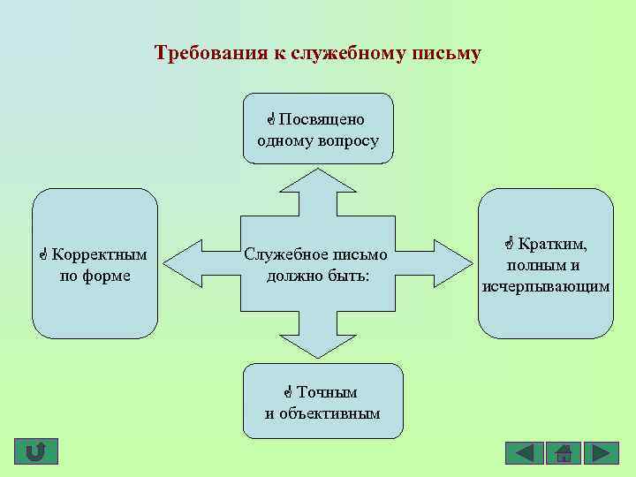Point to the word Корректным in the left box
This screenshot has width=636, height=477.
99,255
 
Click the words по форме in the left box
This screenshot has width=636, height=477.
95,276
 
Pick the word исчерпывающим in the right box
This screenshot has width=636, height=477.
546,286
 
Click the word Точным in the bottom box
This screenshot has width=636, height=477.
327,392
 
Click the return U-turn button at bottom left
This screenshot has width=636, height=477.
36,452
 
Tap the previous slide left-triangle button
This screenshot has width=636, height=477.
524,453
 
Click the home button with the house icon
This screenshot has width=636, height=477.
563,453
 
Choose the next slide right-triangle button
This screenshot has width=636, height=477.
601,453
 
